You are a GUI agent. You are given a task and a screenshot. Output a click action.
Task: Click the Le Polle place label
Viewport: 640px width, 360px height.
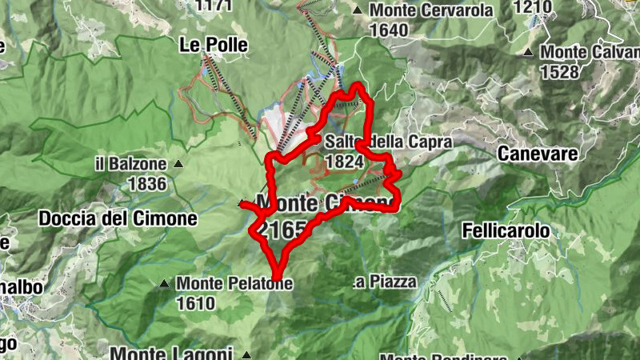[x=214, y=44]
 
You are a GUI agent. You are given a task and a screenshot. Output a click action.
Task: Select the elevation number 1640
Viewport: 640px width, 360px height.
[x=389, y=30]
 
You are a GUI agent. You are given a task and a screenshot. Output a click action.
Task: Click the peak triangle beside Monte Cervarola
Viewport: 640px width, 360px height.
[x=358, y=11]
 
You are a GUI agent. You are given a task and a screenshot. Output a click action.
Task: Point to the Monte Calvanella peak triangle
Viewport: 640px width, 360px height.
[x=528, y=53]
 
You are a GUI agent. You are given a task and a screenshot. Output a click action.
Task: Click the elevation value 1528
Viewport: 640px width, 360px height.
[x=560, y=72]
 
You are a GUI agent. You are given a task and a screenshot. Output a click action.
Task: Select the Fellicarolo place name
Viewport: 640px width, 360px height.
[x=506, y=231]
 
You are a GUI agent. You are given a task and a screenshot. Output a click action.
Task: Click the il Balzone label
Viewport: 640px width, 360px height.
[x=130, y=165]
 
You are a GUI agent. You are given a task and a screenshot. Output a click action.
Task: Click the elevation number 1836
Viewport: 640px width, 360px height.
[x=146, y=184]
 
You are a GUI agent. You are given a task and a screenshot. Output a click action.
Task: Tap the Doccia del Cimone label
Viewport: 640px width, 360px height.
[x=118, y=218]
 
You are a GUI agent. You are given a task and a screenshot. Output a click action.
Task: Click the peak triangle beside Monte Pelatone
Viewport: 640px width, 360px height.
[x=164, y=283]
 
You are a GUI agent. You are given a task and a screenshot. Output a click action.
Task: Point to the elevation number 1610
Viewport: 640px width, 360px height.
[x=196, y=303]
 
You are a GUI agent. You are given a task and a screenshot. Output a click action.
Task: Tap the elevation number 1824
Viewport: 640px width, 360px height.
[x=346, y=161]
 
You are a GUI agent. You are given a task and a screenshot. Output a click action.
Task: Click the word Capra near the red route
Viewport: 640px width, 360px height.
[x=433, y=142]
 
